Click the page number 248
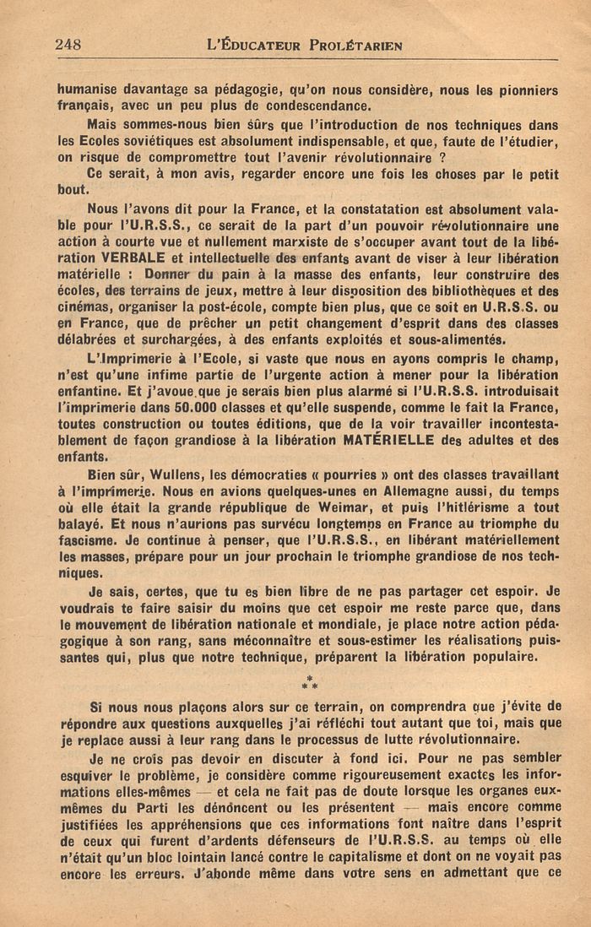click(68, 45)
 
